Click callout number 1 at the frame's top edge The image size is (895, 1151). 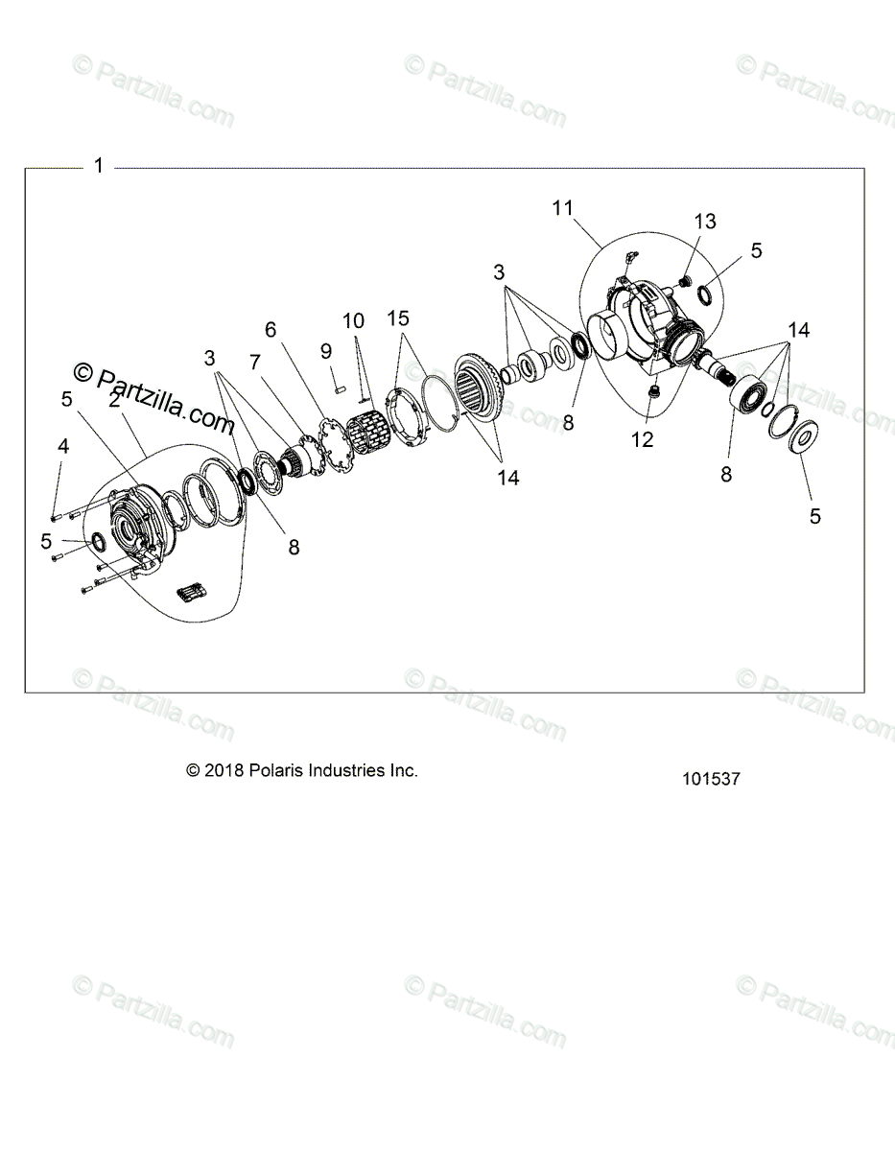click(x=98, y=167)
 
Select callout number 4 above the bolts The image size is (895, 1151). click(x=62, y=445)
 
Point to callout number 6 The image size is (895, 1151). click(x=271, y=329)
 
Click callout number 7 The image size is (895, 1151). click(x=255, y=363)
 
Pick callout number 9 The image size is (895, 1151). click(x=325, y=351)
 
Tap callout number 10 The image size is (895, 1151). click(x=352, y=319)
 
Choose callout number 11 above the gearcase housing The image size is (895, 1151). click(x=562, y=206)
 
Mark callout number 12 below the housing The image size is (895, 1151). click(x=642, y=439)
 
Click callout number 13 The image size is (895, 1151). click(x=705, y=222)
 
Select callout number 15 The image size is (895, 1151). click(x=398, y=317)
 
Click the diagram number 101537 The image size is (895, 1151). click(x=711, y=779)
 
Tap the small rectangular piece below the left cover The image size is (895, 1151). click(x=190, y=592)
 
